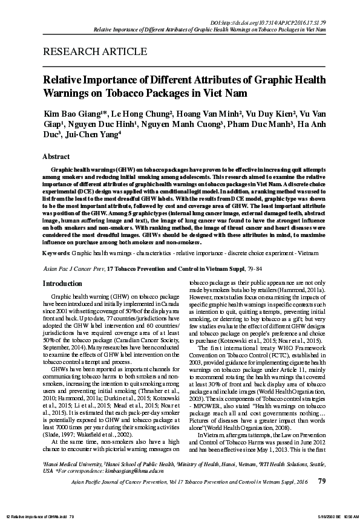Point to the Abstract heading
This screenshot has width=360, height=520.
click(54, 156)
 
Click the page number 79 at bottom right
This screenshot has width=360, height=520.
click(321, 498)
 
